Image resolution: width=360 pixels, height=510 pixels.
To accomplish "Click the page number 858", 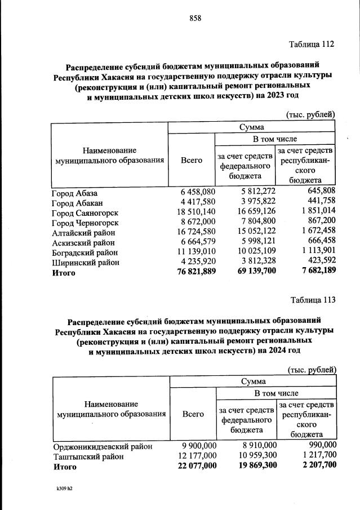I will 195,18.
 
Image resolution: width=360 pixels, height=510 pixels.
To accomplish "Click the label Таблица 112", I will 312,45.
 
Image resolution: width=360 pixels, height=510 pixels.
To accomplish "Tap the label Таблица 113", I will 313,299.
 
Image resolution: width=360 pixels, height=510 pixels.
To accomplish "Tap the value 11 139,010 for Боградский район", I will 192,252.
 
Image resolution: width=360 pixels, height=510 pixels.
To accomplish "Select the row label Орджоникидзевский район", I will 103,446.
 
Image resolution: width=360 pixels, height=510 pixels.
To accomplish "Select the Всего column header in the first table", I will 191,161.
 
